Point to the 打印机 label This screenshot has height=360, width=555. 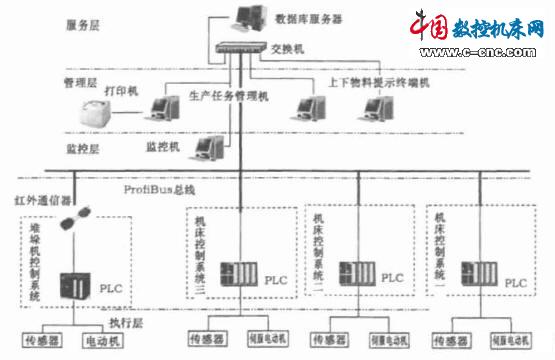(121, 91)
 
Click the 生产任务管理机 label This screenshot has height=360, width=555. (228, 96)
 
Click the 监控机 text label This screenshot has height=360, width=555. (162, 145)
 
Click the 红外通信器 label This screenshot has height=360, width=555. (37, 201)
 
